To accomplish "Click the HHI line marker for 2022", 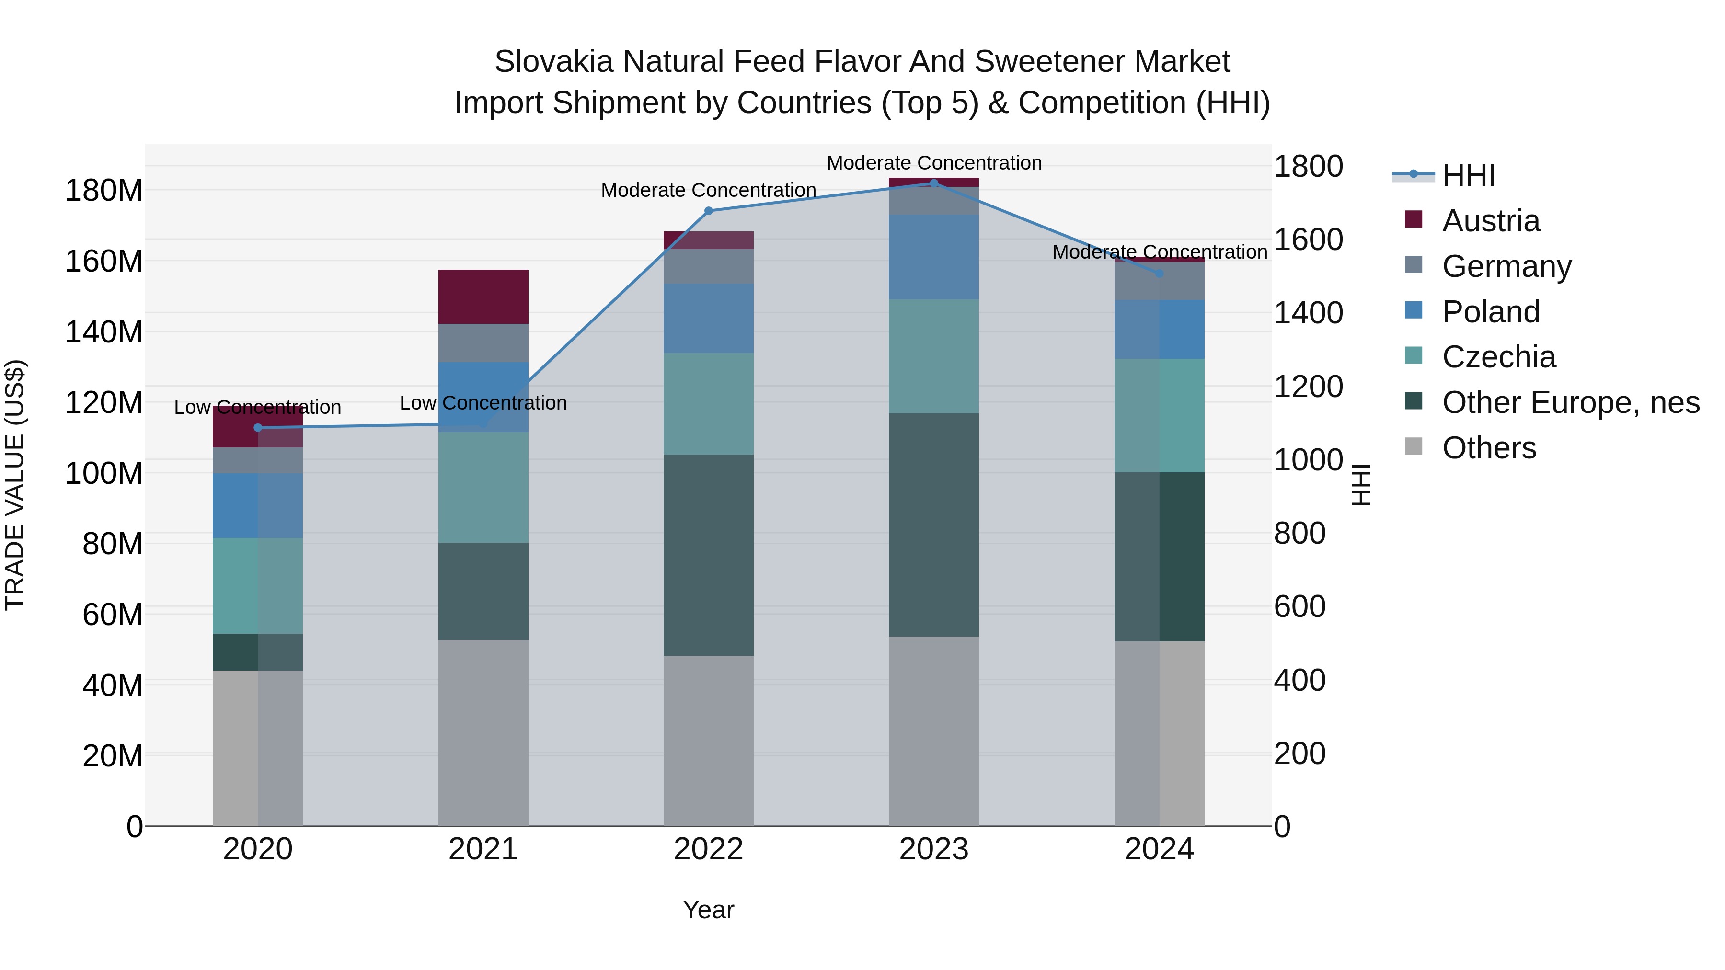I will point(709,211).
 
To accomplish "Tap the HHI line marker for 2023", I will point(934,183).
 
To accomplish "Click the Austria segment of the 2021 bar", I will point(483,297).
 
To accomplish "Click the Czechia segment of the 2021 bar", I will point(483,487).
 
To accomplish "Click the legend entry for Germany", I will point(1506,266).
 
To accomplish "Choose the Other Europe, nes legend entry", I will point(1570,403).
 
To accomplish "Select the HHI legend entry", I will point(1468,175).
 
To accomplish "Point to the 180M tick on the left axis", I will point(104,191).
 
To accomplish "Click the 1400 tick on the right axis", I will point(1307,313).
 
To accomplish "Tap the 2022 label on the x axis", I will point(709,849).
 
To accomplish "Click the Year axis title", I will point(709,910).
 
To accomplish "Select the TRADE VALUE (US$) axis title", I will point(15,485).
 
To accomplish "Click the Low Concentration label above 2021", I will point(483,403).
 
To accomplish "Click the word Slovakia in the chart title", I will point(553,62).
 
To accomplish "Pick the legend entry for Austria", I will point(1491,221).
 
